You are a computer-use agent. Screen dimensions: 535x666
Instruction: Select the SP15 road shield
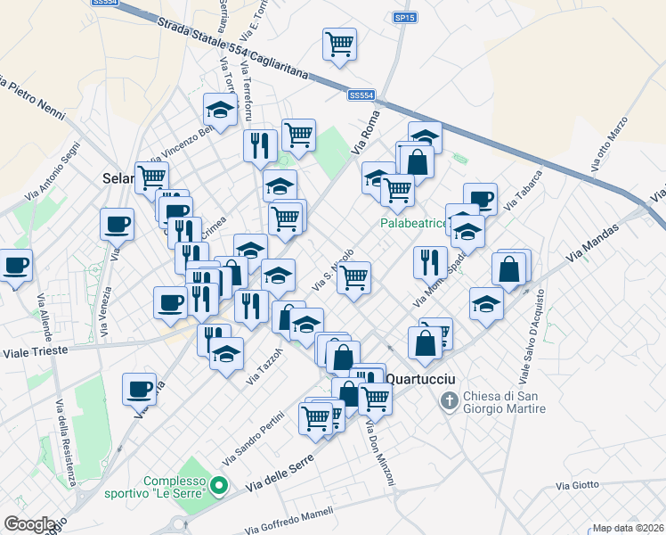(405, 17)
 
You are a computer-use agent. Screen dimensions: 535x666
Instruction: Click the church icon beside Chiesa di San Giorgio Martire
(451, 403)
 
